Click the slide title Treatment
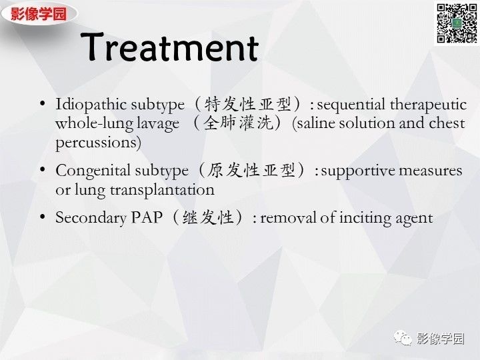(x=172, y=48)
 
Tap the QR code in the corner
(x=457, y=23)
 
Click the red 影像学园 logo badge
(x=39, y=13)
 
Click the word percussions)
(x=99, y=142)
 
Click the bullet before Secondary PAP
(x=43, y=217)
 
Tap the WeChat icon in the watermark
(x=403, y=338)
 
